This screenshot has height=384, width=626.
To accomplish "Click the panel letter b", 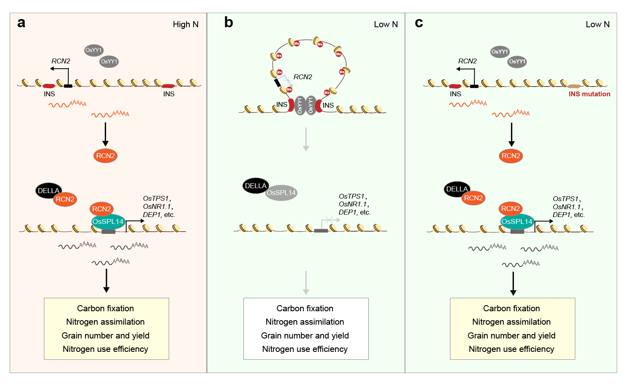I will (228, 22).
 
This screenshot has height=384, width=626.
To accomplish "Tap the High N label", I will (185, 24).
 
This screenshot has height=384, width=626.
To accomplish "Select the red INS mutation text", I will (589, 94).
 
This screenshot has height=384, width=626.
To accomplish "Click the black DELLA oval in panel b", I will (256, 186).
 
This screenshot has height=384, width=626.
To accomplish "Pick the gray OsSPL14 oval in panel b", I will (281, 193).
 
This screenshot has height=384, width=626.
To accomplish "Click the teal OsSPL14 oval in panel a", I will (108, 222).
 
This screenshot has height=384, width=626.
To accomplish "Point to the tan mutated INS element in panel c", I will (574, 86).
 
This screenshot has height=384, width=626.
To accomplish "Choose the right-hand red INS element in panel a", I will (168, 86).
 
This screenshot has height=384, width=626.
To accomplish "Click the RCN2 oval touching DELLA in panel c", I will (473, 198).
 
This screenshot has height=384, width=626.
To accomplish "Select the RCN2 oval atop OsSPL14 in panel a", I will (102, 209).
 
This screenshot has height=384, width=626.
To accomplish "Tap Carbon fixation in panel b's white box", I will (305, 308).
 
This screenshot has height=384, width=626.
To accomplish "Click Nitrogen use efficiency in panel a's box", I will (105, 349).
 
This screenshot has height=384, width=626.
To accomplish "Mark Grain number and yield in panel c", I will (511, 336).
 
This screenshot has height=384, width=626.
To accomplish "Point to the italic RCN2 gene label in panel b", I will (303, 77).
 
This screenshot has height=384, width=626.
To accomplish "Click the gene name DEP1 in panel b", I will (347, 212).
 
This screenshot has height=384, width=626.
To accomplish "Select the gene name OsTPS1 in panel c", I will (565, 199).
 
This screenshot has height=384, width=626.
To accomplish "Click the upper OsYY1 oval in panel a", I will (93, 50).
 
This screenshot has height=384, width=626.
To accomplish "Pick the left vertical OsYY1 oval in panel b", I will (300, 106).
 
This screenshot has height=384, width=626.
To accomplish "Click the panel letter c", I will (419, 22).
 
